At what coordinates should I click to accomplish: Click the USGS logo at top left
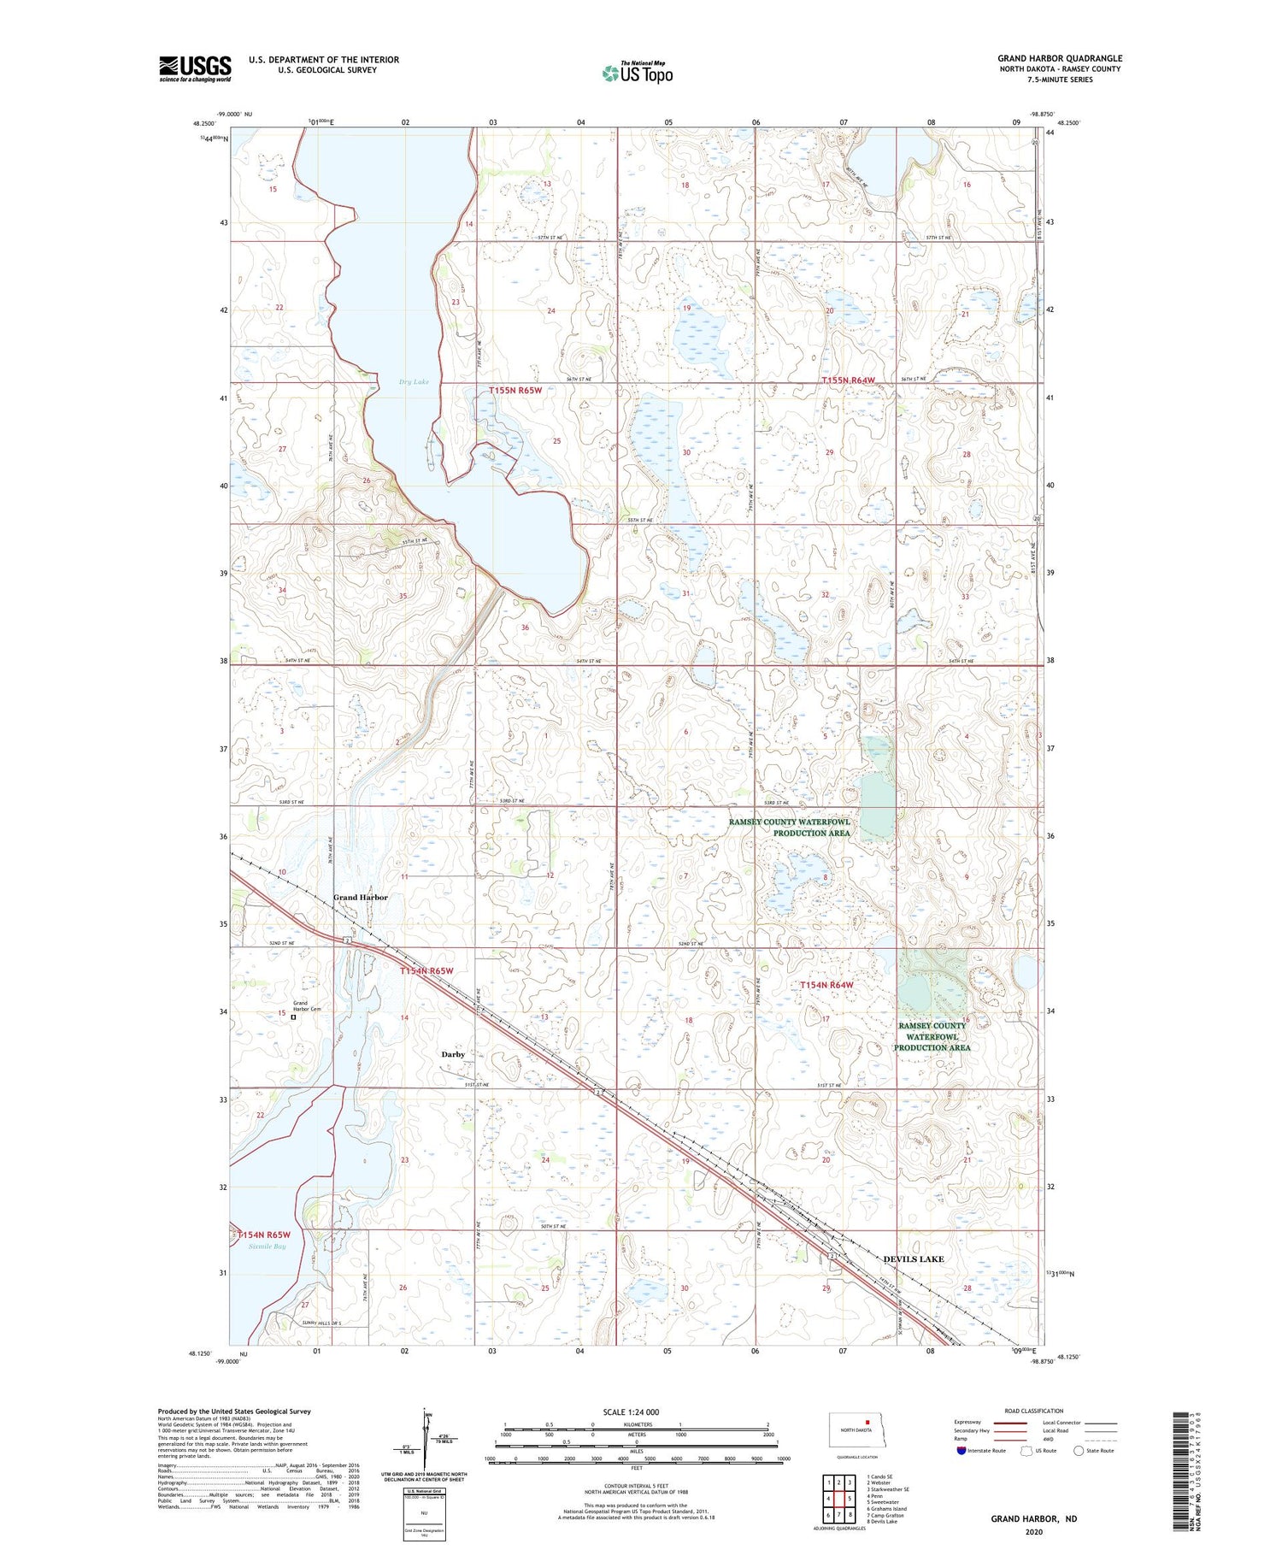[195, 68]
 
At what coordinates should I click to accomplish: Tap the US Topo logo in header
[637, 74]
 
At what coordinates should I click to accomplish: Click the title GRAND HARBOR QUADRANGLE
[1059, 59]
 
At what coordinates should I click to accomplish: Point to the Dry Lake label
[414, 382]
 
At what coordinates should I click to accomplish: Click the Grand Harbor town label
[360, 897]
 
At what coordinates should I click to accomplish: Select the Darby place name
[453, 1054]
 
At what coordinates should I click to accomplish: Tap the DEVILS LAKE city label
[913, 1259]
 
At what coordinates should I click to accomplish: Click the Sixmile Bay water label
[268, 1246]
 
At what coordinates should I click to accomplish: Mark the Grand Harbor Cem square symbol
[293, 1017]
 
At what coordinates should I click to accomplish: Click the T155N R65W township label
[515, 390]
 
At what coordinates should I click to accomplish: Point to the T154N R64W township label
[826, 985]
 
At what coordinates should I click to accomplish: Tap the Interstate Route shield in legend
[961, 1451]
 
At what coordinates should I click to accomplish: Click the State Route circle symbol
[1079, 1451]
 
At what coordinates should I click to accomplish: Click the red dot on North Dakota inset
[867, 1423]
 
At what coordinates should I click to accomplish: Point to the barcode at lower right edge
[1183, 1470]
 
